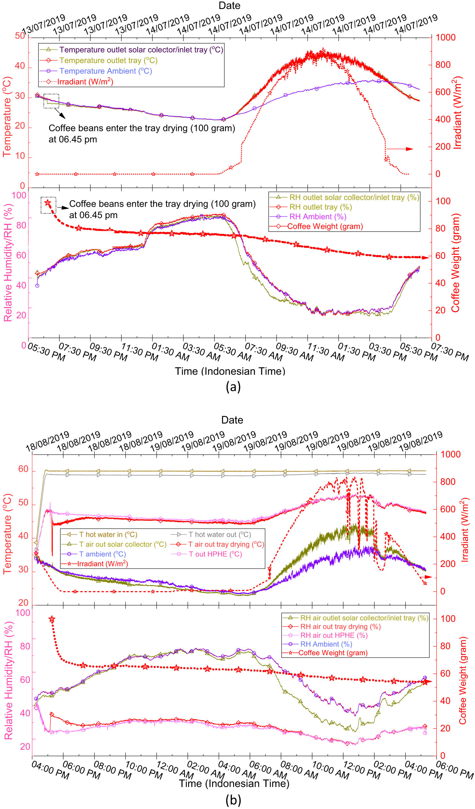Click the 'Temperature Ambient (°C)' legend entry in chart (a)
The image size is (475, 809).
pos(106,71)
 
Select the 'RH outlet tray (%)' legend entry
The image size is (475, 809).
pos(320,207)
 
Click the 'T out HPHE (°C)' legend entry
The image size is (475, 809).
pos(215,554)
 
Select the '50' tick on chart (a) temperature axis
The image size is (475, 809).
pos(20,36)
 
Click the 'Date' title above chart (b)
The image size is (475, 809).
pos(232,420)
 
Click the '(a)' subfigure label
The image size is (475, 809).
pos(233,387)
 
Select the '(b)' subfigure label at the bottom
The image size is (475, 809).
pos(233,800)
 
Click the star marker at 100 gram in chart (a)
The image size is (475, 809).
pos(48,203)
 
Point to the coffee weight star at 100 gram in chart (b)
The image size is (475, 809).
pos(52,619)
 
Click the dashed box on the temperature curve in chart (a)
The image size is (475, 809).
pos(51,101)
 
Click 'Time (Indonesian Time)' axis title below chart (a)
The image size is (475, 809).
pos(230,371)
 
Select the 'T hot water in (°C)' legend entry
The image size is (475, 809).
pos(108,535)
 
